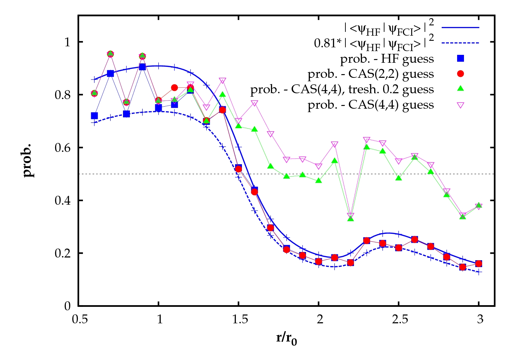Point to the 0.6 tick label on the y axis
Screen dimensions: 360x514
(x=62, y=148)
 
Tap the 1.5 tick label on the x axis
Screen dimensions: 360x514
(x=240, y=320)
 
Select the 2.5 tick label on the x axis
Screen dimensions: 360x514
(x=400, y=320)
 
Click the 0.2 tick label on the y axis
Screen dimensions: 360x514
(x=62, y=253)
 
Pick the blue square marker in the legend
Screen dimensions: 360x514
(x=461, y=59)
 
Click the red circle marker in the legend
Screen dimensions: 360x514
(x=461, y=74)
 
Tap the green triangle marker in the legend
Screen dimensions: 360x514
(x=461, y=89)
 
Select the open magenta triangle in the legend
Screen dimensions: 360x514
(x=461, y=105)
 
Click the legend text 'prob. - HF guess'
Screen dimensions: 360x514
(x=387, y=59)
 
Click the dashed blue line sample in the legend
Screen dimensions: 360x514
(x=460, y=43)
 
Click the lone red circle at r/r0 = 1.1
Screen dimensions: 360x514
(x=174, y=88)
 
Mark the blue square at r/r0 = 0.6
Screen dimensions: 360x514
(x=94, y=116)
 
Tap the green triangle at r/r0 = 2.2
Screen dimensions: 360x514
(x=351, y=218)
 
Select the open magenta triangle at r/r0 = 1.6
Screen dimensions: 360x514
(x=254, y=103)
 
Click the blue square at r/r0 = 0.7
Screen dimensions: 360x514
(x=110, y=73)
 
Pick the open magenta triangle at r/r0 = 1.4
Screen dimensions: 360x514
(x=222, y=81)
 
